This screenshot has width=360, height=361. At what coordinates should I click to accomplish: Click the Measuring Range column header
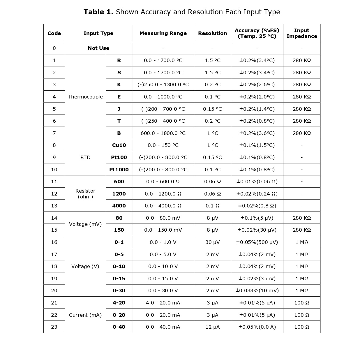click(163, 33)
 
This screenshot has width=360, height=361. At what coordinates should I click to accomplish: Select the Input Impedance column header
click(301, 33)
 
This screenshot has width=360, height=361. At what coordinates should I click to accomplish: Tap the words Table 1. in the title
click(98, 12)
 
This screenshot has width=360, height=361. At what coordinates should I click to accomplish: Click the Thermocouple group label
click(85, 97)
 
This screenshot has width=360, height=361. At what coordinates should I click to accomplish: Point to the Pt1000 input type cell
click(119, 170)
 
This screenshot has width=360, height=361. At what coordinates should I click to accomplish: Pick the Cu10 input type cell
click(119, 145)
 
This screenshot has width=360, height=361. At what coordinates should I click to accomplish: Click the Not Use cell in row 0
click(98, 48)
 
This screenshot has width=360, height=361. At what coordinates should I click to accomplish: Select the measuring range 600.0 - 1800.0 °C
click(163, 133)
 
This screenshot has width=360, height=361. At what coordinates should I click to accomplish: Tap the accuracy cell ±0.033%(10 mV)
click(257, 290)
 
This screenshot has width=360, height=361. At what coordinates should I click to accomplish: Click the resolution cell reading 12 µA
click(212, 327)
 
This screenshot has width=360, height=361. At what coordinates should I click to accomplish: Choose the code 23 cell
click(54, 327)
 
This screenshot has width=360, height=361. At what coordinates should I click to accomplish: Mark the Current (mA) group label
click(85, 315)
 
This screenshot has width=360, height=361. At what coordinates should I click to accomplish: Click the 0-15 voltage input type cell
click(119, 279)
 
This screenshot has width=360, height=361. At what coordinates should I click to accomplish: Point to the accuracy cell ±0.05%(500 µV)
click(257, 242)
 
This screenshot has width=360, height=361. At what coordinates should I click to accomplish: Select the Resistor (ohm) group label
click(85, 194)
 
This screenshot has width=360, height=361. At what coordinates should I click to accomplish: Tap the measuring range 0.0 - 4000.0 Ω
click(163, 206)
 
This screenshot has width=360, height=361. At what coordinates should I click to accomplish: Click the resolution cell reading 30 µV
click(212, 242)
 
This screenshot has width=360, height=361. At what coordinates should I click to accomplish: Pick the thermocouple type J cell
click(119, 109)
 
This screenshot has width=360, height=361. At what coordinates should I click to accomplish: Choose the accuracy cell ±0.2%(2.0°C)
click(257, 97)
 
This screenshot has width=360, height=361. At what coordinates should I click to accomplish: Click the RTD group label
click(85, 157)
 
